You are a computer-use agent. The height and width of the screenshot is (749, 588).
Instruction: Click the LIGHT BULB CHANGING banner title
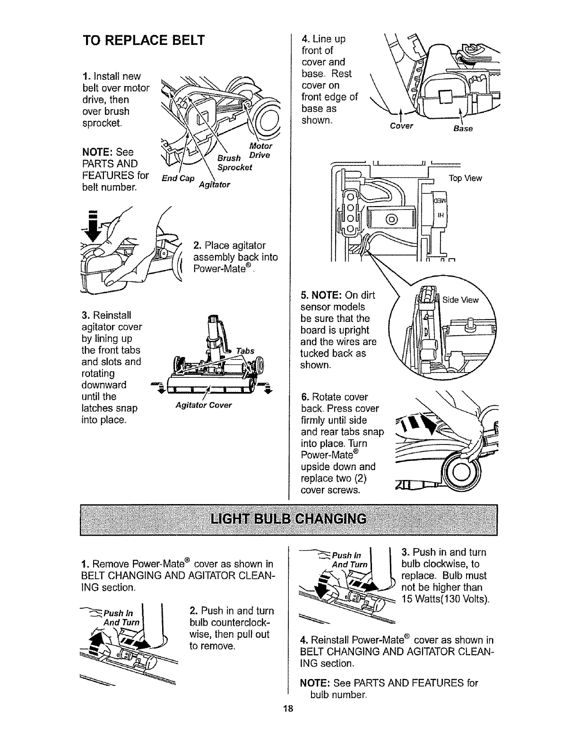tap(288, 519)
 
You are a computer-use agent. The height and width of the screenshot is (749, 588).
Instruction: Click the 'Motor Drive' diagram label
tap(260, 150)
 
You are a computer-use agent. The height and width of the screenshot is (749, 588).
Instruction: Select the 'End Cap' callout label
tap(178, 178)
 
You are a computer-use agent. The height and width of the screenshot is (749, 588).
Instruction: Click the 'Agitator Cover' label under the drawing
tap(203, 405)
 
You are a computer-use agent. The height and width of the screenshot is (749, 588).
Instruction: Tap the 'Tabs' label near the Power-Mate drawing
tap(245, 350)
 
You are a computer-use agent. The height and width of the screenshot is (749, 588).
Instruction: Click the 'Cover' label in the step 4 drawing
tap(402, 126)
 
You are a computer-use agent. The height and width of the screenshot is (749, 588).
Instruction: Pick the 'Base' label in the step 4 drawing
tap(463, 129)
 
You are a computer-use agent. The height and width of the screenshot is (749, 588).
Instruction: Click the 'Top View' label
tap(466, 178)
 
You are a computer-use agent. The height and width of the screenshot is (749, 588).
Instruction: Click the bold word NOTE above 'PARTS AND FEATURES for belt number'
tap(97, 152)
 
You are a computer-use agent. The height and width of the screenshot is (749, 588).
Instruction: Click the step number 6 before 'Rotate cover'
tap(303, 397)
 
